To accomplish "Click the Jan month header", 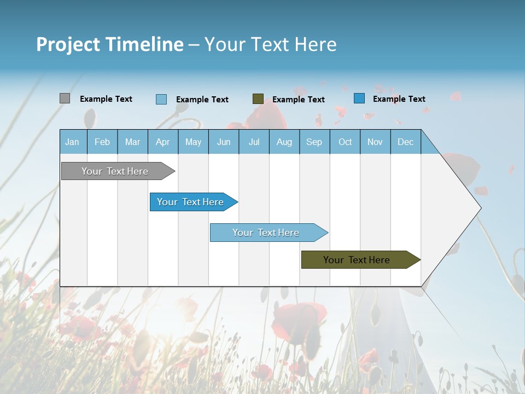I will (x=73, y=142).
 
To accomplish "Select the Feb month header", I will (x=102, y=142).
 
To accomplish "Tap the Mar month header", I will (x=132, y=142).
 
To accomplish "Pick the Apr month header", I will (x=163, y=142).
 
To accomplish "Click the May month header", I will (x=193, y=142).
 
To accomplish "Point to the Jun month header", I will (x=224, y=142).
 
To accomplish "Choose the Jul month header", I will (x=254, y=142).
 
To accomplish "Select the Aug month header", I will (x=284, y=142).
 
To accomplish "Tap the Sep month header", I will (x=314, y=142).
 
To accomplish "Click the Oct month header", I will (x=345, y=142).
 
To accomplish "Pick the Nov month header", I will (x=375, y=142).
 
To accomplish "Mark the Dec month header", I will (x=406, y=142).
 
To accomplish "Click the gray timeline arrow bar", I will (x=115, y=171).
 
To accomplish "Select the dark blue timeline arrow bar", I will (x=191, y=202).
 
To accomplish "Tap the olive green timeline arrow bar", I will (x=357, y=260).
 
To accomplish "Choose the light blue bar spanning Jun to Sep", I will (x=266, y=233).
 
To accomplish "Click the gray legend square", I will (x=65, y=99).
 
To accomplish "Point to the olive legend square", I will (x=258, y=99).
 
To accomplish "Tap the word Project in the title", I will (x=68, y=44).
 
